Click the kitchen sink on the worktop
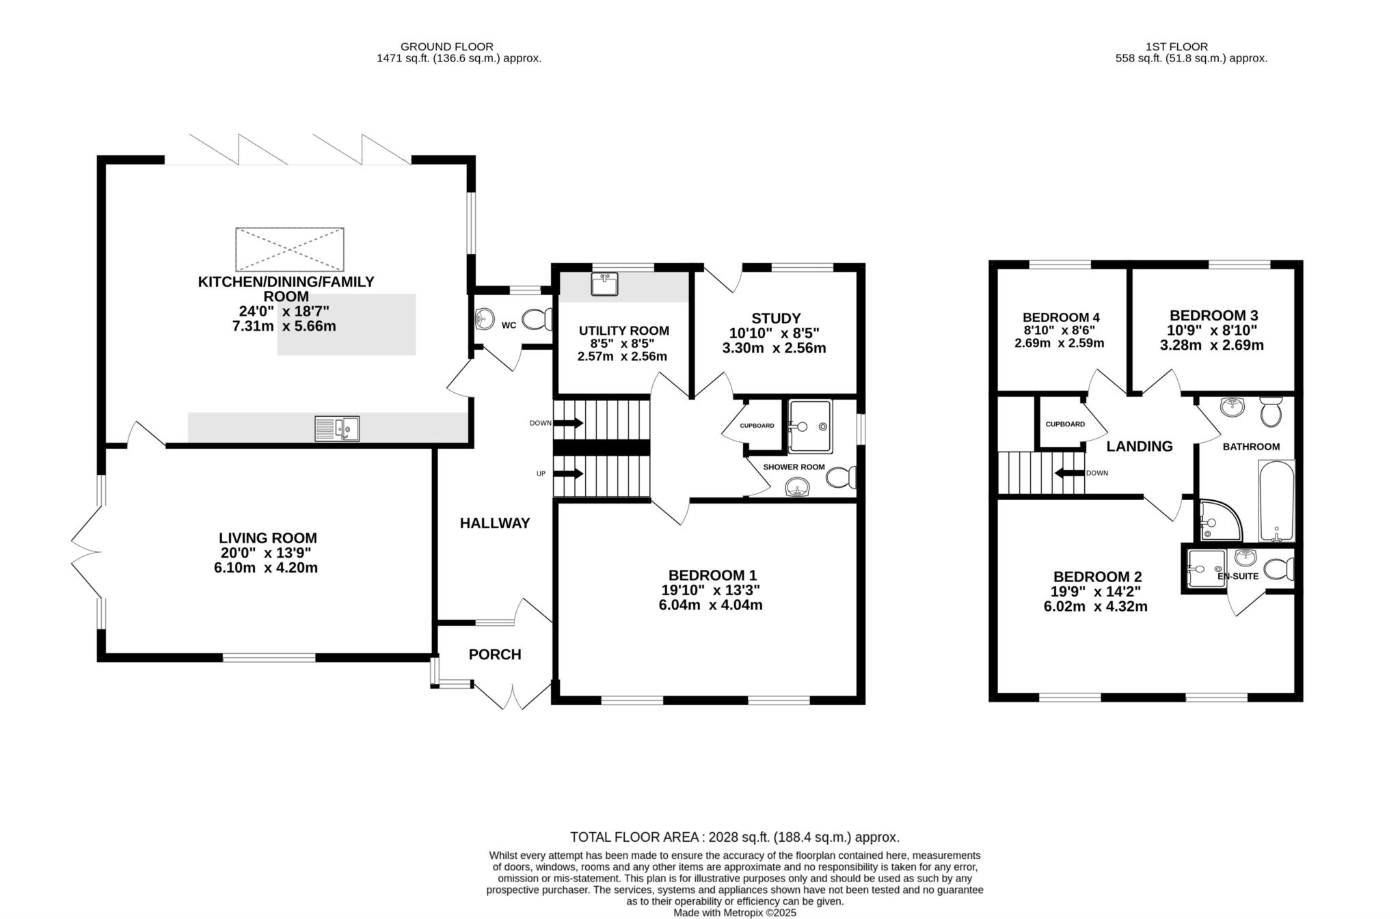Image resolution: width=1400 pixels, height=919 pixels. point(336,428)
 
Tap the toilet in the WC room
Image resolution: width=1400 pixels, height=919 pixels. point(537,319)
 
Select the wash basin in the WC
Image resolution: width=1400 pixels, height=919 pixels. point(485,318)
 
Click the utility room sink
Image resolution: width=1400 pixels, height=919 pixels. point(604,284)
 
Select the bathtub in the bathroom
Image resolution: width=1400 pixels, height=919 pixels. point(1276,501)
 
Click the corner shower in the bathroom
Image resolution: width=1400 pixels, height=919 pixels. point(1219,519)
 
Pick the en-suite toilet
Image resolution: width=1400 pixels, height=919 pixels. point(1278,568)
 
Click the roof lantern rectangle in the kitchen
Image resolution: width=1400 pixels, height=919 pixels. point(290,249)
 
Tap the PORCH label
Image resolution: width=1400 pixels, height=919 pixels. point(495,655)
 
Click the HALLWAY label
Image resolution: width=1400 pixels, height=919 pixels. point(495,523)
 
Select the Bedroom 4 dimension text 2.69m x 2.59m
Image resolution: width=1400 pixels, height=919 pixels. point(1060,343)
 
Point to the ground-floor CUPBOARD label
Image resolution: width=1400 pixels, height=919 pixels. point(757,426)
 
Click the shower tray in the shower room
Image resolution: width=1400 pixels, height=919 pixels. point(810,426)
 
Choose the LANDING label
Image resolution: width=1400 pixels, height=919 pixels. point(1140,447)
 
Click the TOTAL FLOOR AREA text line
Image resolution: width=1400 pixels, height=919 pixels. point(735,837)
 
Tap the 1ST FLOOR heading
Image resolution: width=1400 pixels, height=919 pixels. point(1176,46)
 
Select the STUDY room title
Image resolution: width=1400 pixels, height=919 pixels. point(776,318)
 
